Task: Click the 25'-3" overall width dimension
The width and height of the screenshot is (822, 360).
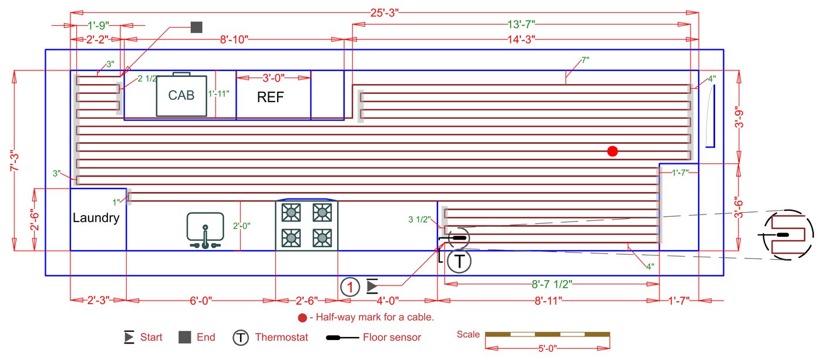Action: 384,13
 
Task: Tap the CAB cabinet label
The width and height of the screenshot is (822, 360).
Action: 181,95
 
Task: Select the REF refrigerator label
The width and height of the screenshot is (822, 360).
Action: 271,97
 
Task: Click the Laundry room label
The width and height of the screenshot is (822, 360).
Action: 96,218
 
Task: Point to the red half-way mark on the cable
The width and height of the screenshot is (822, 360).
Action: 612,151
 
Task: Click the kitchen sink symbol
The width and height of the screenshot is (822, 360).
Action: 205,230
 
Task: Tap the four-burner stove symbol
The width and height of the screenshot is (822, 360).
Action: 306,226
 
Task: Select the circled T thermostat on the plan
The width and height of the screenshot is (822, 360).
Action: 459,261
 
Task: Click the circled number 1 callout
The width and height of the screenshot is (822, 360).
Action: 350,287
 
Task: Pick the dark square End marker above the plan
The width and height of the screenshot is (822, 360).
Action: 197,27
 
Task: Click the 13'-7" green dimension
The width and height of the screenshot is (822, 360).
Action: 521,25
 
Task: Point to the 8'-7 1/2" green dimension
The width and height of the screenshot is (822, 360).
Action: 552,284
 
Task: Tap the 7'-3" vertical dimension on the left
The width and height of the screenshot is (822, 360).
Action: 15,160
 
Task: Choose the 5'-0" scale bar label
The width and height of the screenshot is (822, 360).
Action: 547,348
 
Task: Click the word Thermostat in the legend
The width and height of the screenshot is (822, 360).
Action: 281,337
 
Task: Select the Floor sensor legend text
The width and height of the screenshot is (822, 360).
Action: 392,337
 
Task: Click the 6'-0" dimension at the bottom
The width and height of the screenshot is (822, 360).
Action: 201,301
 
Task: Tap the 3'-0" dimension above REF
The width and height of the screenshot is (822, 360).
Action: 274,78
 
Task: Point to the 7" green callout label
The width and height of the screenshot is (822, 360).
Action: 585,60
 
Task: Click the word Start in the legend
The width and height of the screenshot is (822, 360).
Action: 151,337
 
